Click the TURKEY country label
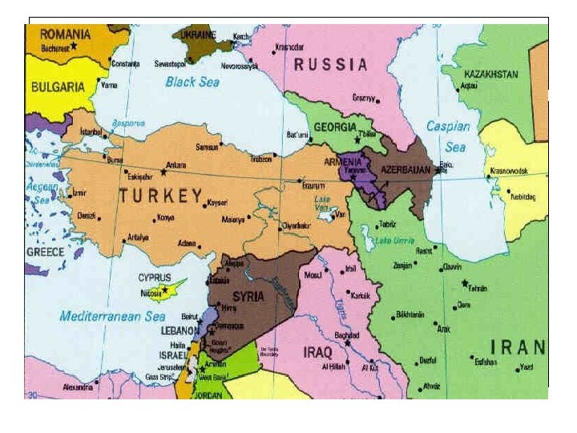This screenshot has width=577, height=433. [x=160, y=195]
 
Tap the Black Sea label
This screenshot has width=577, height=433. [x=192, y=81]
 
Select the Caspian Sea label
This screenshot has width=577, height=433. [x=450, y=136]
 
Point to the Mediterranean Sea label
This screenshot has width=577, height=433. [x=112, y=316]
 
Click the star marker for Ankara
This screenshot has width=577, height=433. [x=163, y=172]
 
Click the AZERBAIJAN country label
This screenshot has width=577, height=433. [x=406, y=172]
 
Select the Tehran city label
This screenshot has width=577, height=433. [x=478, y=287]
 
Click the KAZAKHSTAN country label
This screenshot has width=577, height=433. [x=491, y=74]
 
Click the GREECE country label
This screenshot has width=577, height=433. [x=46, y=251]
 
